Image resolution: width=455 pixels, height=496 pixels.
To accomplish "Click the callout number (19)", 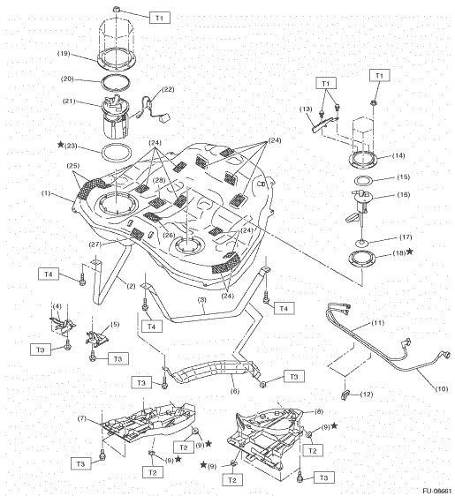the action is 64,53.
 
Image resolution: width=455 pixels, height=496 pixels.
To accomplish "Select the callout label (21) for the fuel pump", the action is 69,101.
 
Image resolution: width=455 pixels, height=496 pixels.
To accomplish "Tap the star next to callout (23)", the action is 60,145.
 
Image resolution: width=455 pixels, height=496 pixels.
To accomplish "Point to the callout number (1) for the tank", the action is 46,193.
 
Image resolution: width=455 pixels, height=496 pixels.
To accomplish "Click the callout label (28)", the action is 159,180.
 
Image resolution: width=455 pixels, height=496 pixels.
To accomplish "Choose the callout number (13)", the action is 306,109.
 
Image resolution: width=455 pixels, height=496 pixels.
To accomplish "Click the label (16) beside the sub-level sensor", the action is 404,194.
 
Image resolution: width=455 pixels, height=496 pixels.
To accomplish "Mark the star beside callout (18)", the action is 410,252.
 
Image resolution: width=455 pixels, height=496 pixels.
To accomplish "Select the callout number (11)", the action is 378,323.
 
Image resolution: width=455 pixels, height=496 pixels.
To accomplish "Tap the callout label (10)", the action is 442,388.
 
